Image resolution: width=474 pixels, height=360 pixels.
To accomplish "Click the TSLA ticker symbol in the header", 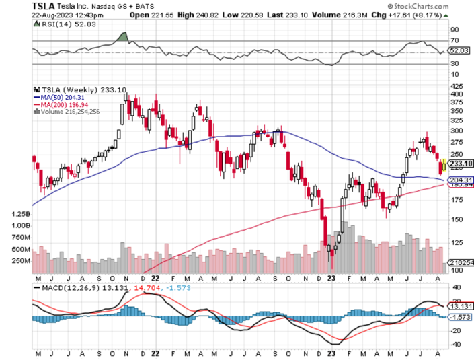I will (44, 7).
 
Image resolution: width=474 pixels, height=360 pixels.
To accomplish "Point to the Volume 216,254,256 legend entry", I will (71, 111).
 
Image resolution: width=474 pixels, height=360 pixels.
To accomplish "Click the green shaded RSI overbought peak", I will (122, 37).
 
